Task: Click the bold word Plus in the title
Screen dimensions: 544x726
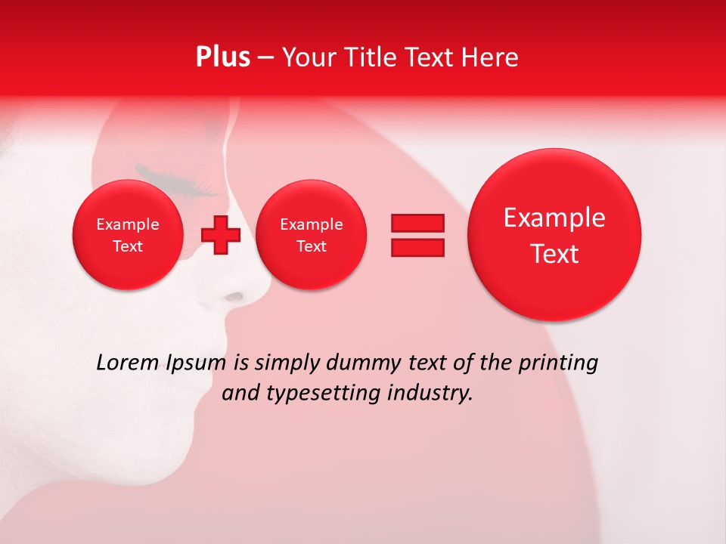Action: [222, 57]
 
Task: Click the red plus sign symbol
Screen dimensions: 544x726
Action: [221, 235]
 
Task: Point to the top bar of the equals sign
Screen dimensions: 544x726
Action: [417, 223]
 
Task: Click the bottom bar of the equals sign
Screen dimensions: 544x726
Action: [417, 247]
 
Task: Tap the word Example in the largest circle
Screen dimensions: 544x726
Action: [554, 218]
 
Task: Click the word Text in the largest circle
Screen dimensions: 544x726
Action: [554, 254]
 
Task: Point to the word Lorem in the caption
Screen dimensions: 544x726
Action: [127, 363]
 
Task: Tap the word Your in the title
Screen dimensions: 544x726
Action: [310, 57]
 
